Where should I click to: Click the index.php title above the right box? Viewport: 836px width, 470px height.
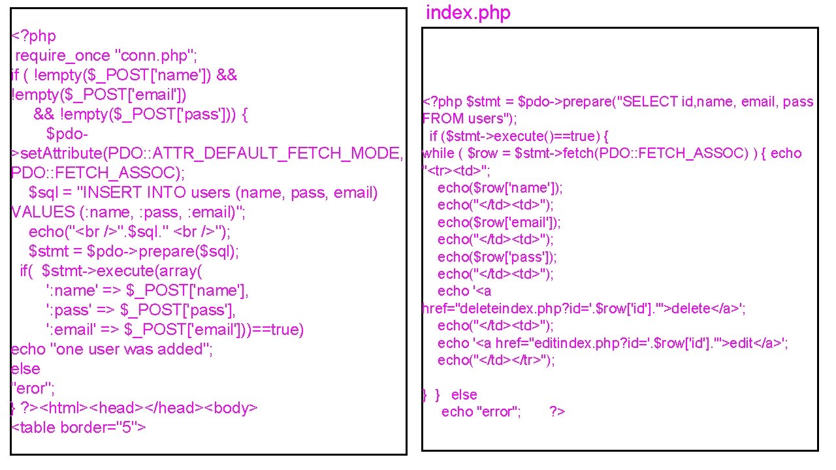click(468, 13)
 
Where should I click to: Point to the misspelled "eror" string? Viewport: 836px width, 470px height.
click(33, 388)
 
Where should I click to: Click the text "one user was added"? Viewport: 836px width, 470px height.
click(131, 349)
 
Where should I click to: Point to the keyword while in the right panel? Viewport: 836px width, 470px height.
click(438, 153)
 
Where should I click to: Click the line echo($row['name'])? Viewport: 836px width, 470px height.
click(500, 188)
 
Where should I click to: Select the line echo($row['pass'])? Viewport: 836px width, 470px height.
click(497, 257)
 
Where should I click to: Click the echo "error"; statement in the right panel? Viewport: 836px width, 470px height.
click(481, 411)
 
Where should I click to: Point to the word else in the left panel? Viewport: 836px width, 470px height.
click(25, 369)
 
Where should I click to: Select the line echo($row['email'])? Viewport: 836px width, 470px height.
click(499, 222)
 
